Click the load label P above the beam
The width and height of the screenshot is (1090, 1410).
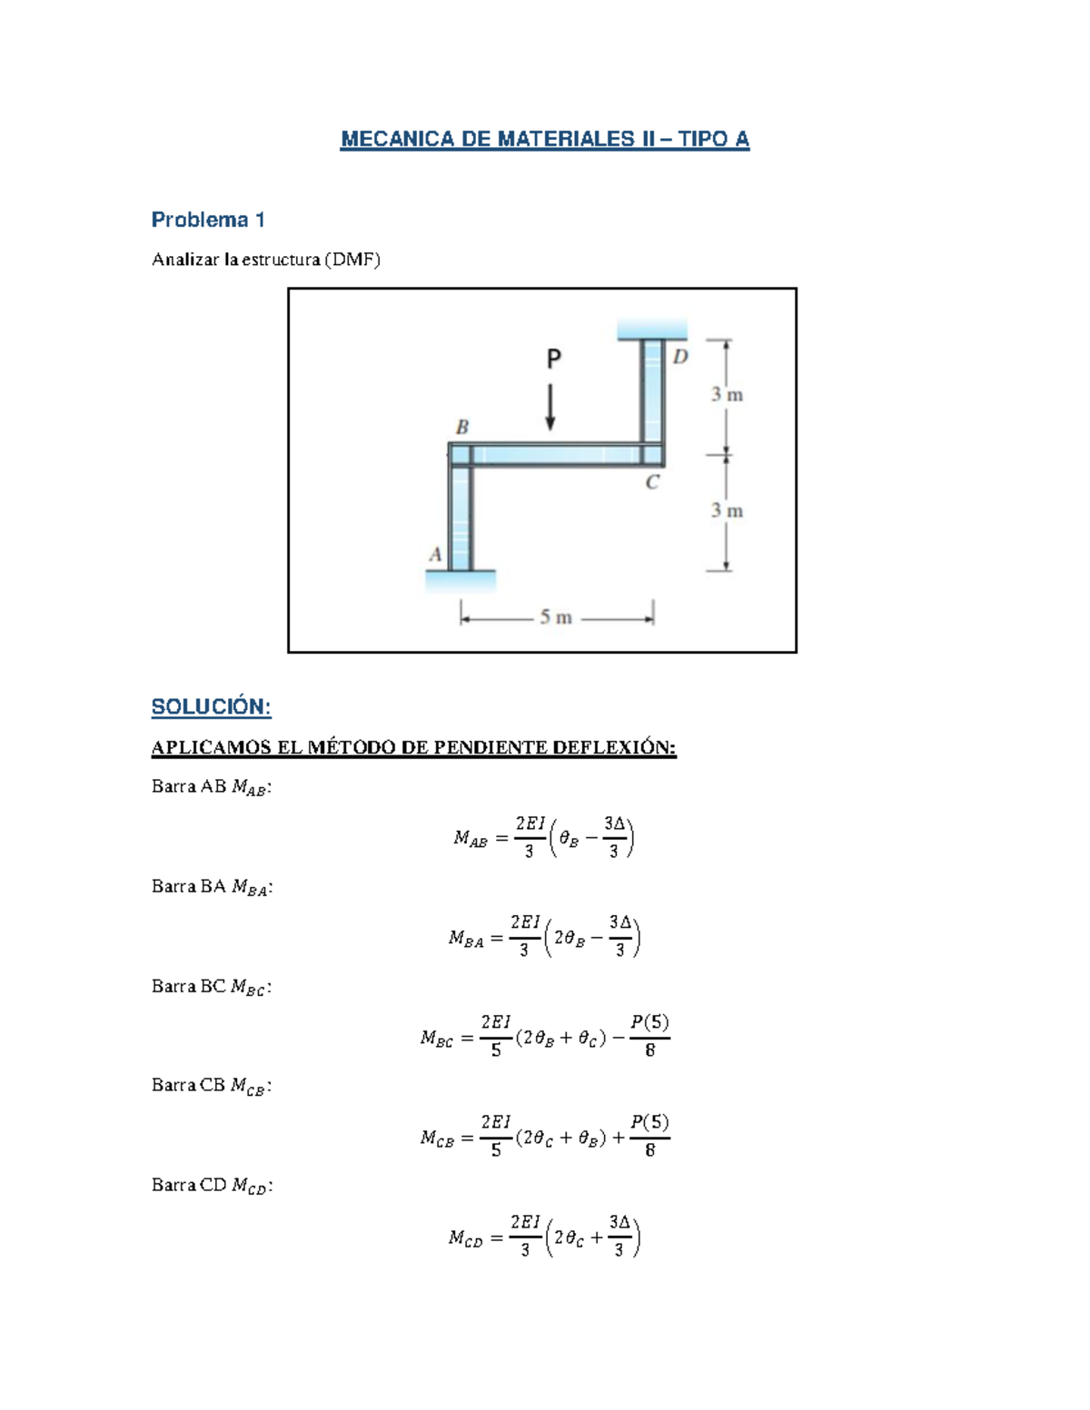[553, 360]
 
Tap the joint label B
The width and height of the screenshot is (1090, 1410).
[461, 427]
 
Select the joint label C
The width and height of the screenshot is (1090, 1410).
[652, 483]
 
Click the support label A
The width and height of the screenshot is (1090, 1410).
[435, 555]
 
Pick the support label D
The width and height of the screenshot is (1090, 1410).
[680, 357]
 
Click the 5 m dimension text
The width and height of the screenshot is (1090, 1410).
[556, 617]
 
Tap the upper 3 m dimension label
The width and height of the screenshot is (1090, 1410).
[727, 394]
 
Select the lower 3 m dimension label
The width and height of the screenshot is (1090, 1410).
[727, 511]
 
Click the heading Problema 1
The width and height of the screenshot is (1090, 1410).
[208, 220]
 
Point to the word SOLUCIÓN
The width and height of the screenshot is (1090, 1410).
[211, 706]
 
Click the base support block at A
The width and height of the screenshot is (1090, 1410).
[461, 580]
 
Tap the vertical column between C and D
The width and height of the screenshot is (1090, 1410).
[652, 390]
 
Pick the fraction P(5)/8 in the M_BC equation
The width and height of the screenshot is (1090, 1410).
[649, 1036]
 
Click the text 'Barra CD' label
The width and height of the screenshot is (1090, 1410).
[189, 1185]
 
